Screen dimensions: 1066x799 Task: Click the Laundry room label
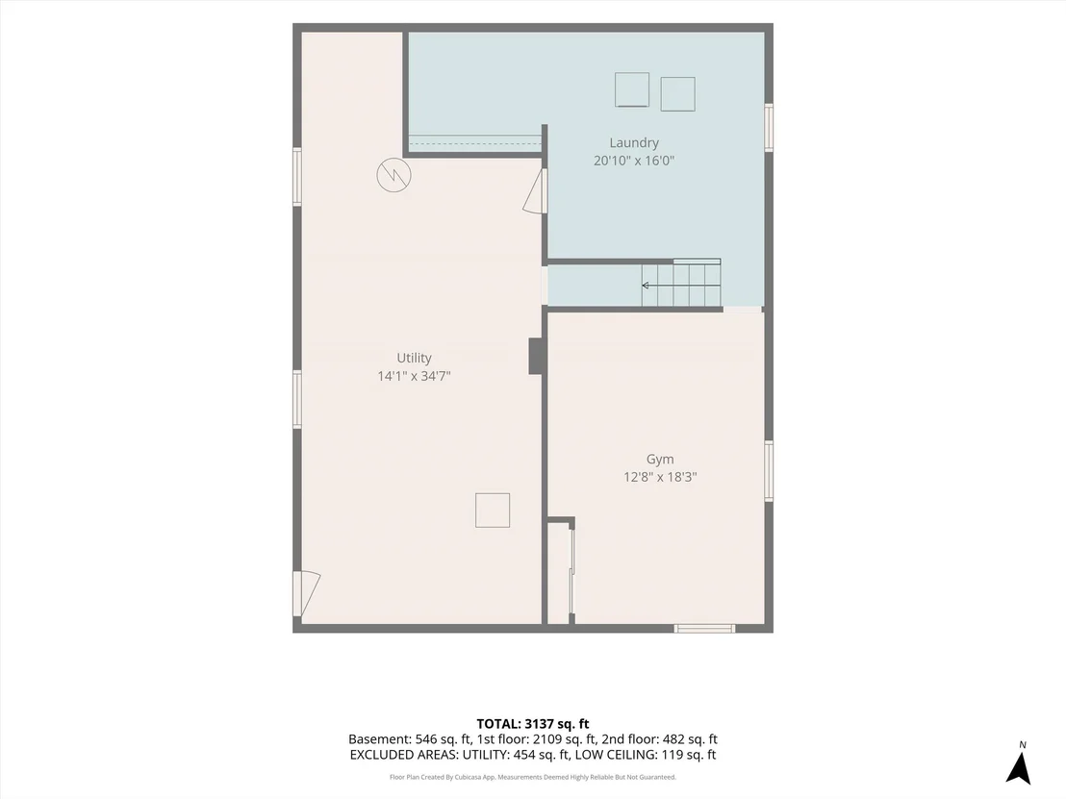634,142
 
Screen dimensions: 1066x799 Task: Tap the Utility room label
414,358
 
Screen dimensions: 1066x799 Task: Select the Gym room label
660,460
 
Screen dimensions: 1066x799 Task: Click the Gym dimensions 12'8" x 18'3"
660,477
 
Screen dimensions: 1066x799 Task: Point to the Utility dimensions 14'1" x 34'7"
414,376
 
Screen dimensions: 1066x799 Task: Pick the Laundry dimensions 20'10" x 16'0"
634,161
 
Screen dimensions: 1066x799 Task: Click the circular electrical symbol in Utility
393,175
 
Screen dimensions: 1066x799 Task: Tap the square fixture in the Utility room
493,511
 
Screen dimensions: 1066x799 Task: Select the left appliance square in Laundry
631,89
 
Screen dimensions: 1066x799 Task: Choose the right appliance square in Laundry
678,94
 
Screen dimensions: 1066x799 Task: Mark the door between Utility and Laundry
537,191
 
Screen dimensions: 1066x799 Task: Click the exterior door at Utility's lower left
306,594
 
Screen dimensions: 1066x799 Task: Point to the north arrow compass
1019,764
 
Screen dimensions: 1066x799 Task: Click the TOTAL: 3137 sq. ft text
532,724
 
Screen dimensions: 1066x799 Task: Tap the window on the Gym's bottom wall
704,629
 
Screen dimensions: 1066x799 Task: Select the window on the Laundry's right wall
769,127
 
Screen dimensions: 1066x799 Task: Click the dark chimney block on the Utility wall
537,356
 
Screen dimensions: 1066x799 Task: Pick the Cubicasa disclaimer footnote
532,777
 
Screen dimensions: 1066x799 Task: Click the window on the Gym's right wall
769,471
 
